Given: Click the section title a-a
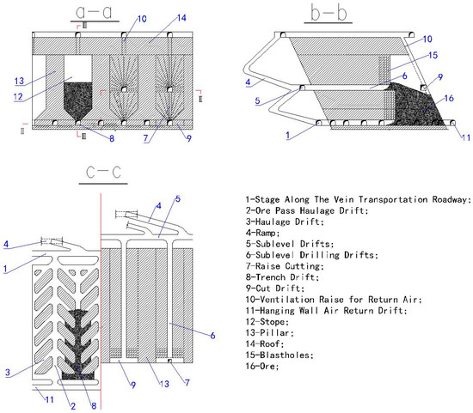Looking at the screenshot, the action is click(x=94, y=12).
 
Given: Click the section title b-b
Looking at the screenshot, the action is click(x=329, y=13).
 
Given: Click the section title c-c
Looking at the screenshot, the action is click(x=103, y=173).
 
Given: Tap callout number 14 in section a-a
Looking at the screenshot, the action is click(x=181, y=18).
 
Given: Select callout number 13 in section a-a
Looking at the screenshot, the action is click(x=19, y=81).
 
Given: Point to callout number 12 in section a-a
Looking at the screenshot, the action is click(x=18, y=96).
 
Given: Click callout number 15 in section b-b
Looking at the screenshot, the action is click(x=433, y=55).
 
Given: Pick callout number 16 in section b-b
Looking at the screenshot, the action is click(x=449, y=98).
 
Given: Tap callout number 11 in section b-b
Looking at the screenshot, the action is click(x=466, y=137).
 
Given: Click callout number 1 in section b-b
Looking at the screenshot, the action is click(x=288, y=136).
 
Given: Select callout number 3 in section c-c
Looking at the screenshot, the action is click(x=8, y=373).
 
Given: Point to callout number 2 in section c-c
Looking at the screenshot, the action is click(x=73, y=406).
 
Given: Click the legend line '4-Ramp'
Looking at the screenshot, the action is click(x=263, y=233).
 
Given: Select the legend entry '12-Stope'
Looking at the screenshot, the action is click(x=267, y=322).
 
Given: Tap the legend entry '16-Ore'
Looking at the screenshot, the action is click(x=262, y=367).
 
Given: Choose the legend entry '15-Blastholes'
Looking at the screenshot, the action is click(x=279, y=355).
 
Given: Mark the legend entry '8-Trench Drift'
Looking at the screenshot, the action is click(x=282, y=277).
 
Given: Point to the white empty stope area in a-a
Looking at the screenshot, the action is click(x=78, y=69).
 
